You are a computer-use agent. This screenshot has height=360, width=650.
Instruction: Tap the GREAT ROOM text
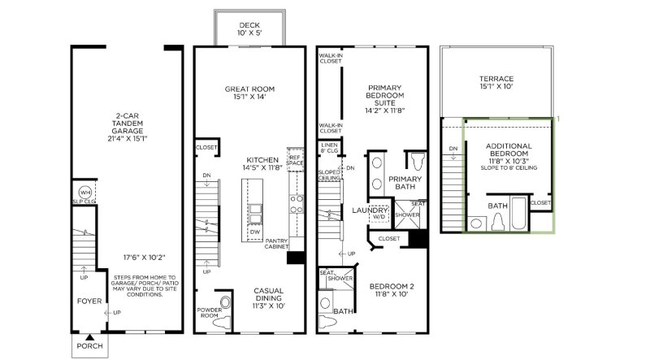249,93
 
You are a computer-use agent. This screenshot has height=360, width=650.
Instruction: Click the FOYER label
87,300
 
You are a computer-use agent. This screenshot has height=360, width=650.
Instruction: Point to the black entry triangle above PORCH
91,336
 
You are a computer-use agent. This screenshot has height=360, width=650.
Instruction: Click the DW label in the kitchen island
255,232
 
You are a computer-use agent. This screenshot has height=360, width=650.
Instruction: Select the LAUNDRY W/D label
379,213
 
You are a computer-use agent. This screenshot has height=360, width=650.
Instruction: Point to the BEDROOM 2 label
392,290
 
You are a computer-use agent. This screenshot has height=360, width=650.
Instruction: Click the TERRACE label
496,83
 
